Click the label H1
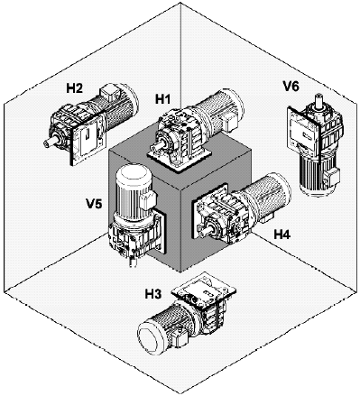(162, 99)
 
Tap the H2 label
(75, 88)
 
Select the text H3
(153, 294)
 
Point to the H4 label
(282, 234)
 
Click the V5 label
(94, 204)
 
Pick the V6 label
(291, 87)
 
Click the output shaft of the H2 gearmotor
(49, 143)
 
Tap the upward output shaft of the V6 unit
(318, 100)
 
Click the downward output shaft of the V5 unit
(133, 261)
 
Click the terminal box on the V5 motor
(148, 200)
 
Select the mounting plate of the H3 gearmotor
(204, 288)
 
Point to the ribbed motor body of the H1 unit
(218, 111)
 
